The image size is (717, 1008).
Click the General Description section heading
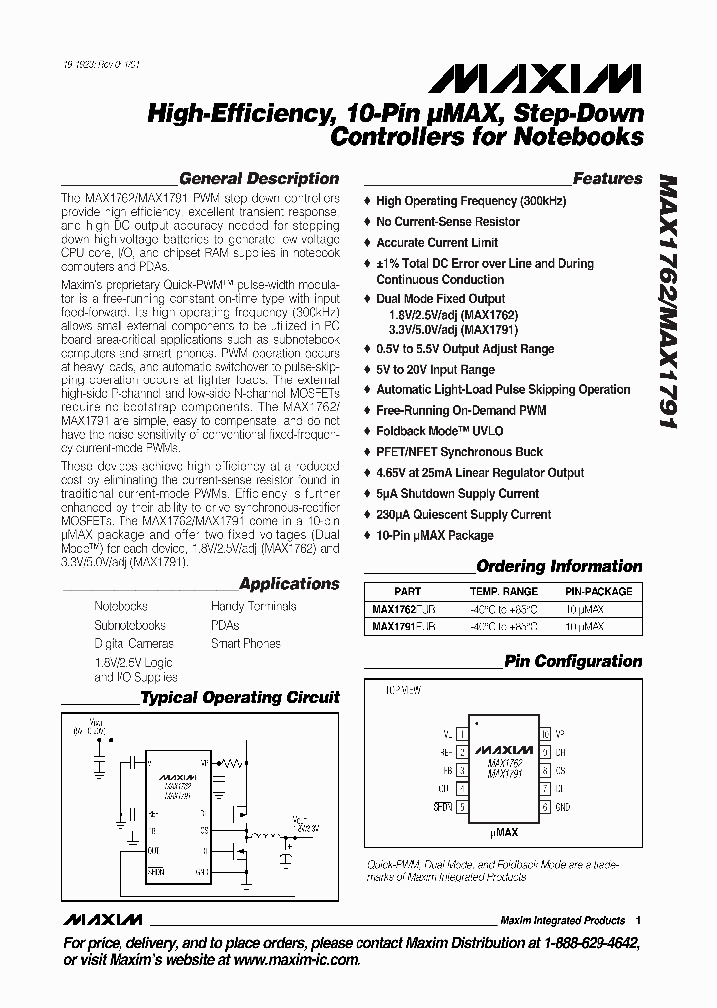point(258,179)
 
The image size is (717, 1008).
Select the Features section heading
point(607,179)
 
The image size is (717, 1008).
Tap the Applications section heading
point(289,584)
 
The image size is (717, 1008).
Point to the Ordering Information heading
point(560,567)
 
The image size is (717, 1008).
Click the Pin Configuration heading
point(573,661)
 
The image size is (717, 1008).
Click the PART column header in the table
point(407,591)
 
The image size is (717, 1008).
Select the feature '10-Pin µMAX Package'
point(434,535)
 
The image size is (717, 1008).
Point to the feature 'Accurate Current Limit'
point(438,243)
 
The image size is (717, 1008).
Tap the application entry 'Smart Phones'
point(245,644)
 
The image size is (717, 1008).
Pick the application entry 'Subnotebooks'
point(129,626)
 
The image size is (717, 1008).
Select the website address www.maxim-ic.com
point(295,960)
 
